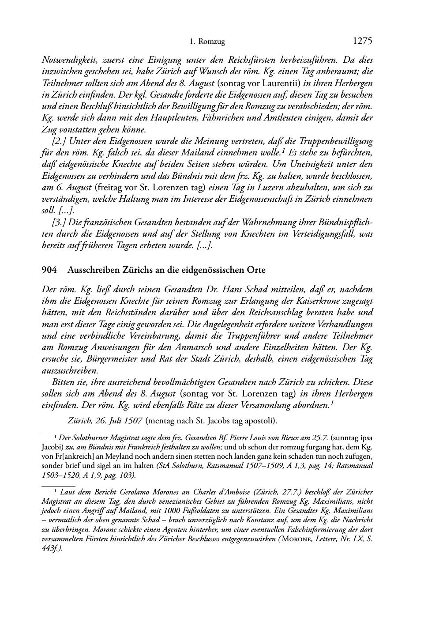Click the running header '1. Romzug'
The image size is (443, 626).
[207, 42]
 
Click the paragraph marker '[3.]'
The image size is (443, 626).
[59, 222]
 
